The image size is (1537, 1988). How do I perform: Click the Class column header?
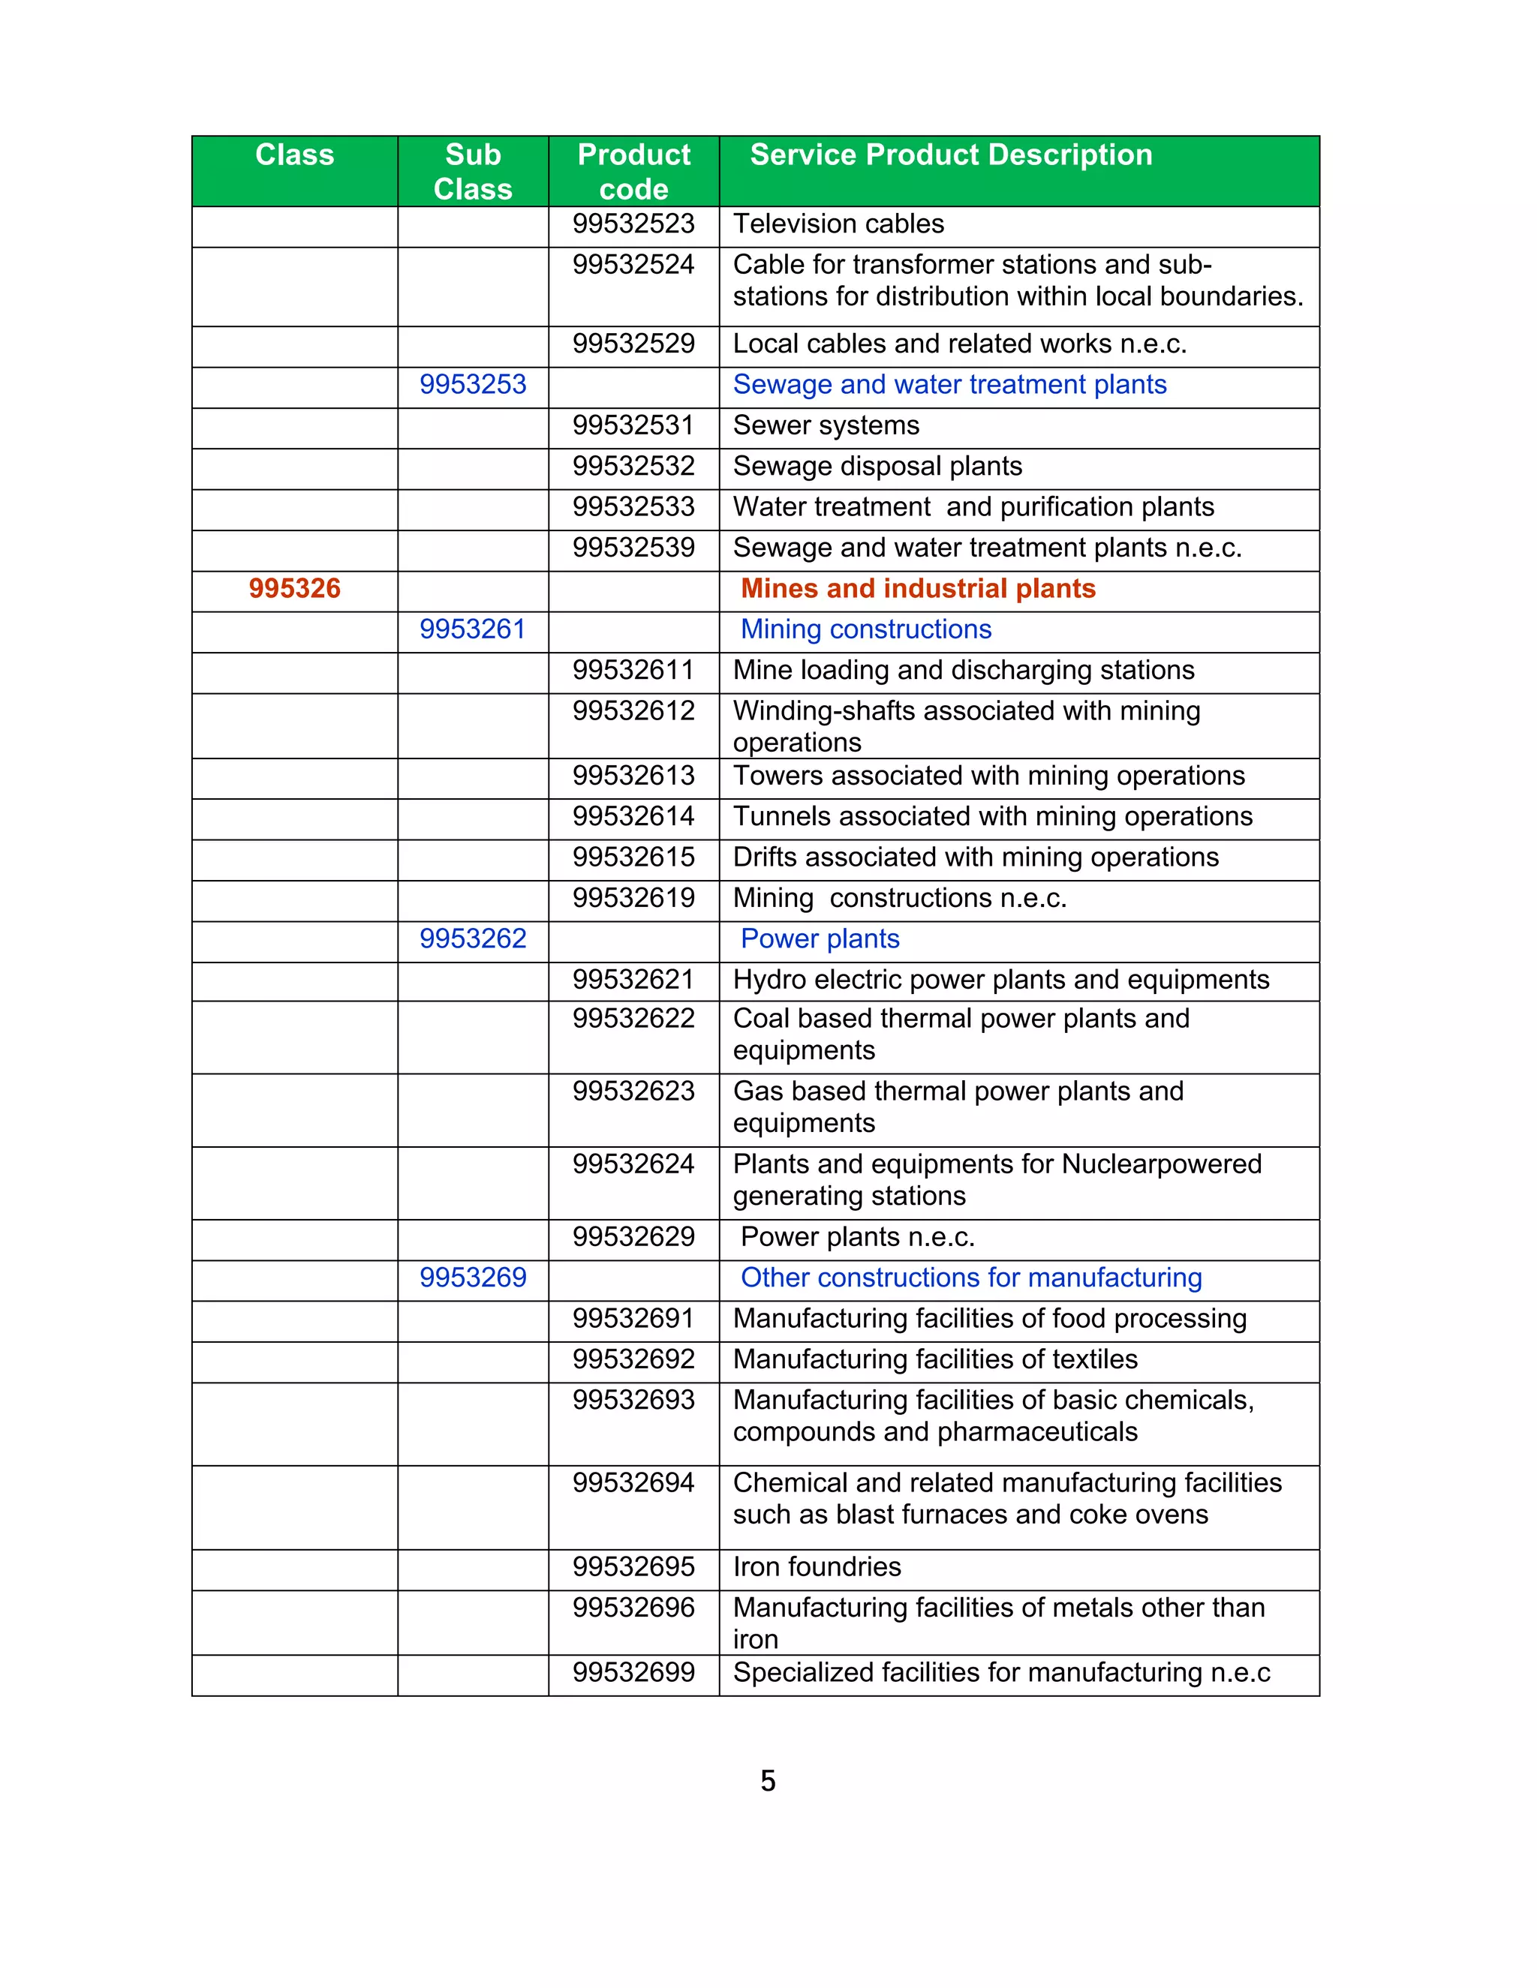[x=294, y=155]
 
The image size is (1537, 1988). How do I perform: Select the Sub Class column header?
[x=473, y=171]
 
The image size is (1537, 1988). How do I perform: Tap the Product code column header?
[x=633, y=171]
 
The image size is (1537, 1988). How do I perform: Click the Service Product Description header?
[x=951, y=155]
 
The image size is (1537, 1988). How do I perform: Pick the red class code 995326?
[x=294, y=588]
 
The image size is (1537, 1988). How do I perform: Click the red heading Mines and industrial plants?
[x=918, y=588]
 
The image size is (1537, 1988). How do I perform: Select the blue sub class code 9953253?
[x=473, y=384]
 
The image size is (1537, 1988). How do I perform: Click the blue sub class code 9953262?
[x=473, y=938]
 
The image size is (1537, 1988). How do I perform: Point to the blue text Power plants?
[x=820, y=938]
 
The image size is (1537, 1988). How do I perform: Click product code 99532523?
[x=633, y=224]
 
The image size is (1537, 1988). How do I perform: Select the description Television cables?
[x=838, y=224]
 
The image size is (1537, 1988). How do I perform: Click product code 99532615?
[x=633, y=857]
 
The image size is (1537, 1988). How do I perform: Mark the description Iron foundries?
[x=817, y=1566]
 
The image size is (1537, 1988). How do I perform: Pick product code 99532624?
[x=633, y=1164]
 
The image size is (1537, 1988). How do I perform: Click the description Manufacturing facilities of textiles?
[x=935, y=1359]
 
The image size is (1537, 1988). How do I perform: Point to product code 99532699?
[x=633, y=1672]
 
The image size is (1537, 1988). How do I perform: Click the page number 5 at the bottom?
[x=768, y=1782]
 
